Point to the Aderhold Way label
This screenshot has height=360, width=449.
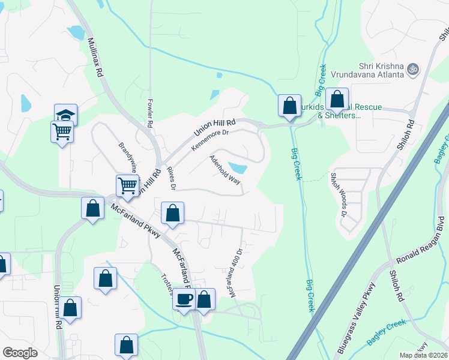pos(224,170)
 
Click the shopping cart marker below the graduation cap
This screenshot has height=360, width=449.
pos(62,131)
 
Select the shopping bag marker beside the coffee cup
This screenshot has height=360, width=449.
pos(204,299)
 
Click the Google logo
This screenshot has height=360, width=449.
pos(20,353)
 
